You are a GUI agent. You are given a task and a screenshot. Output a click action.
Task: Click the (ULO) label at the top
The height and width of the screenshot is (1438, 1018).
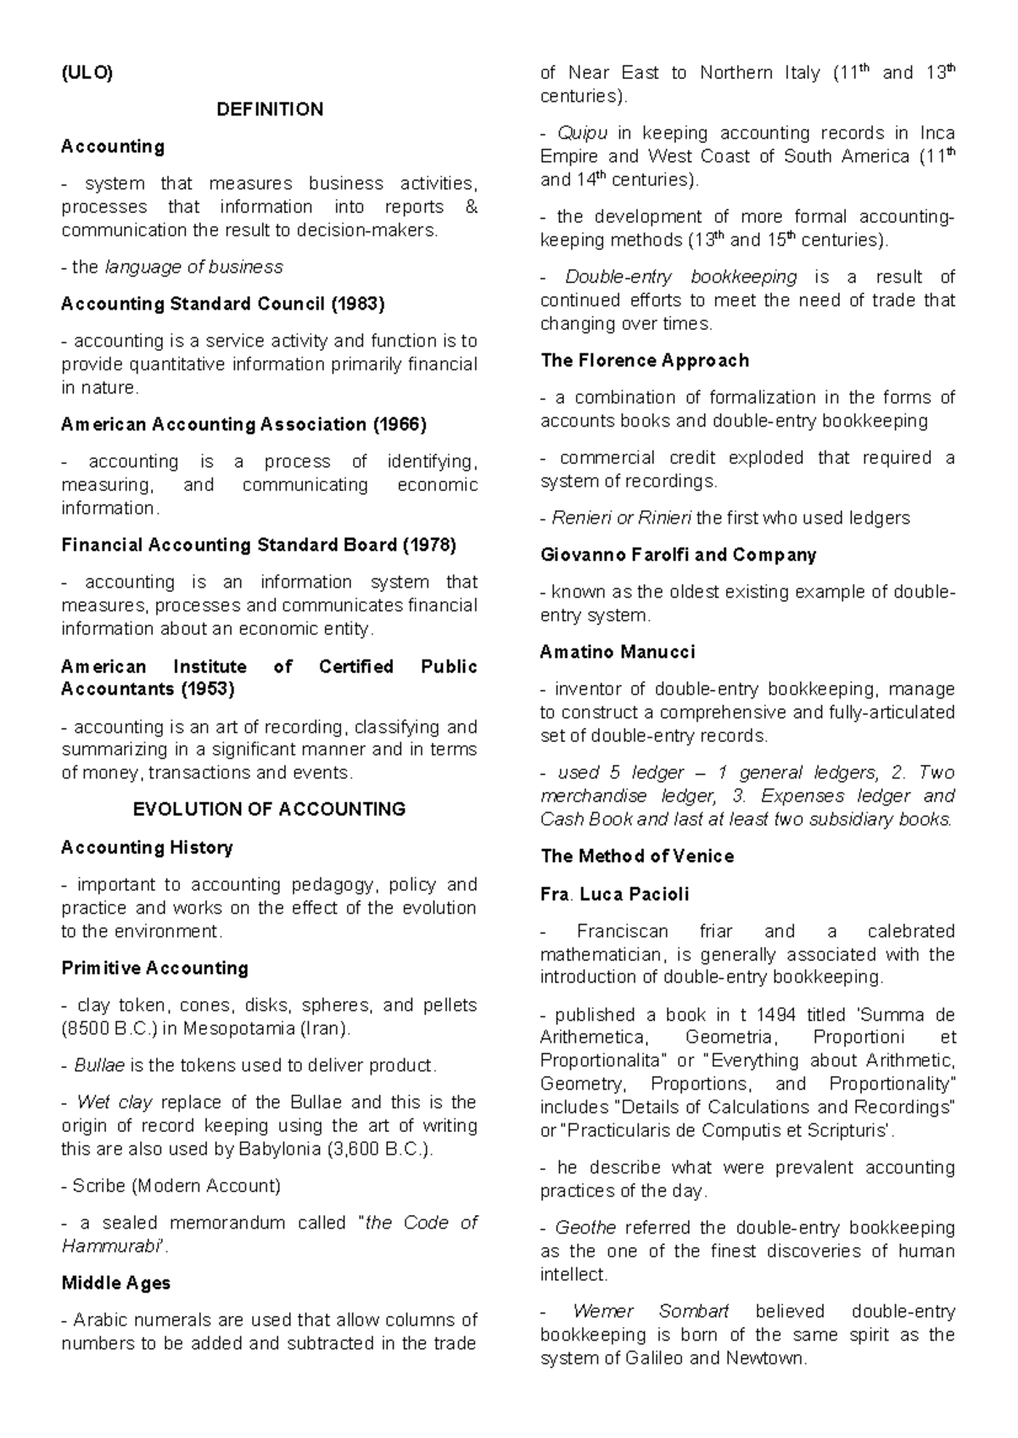click(86, 73)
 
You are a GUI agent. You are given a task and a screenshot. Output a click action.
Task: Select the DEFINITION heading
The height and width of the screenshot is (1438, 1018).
click(270, 109)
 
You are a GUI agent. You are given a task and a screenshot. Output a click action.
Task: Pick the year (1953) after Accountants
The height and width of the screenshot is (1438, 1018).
click(207, 689)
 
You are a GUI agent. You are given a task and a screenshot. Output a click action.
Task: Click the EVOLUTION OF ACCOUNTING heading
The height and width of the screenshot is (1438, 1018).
click(270, 810)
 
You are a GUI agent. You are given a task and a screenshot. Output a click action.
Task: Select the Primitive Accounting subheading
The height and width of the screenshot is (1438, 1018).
click(154, 968)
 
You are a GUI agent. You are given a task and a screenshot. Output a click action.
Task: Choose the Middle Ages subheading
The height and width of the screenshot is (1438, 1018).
click(115, 1283)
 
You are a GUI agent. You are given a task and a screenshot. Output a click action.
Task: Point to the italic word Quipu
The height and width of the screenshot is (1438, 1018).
click(583, 133)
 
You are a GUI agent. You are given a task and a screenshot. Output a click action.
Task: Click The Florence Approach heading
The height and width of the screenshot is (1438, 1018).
click(645, 360)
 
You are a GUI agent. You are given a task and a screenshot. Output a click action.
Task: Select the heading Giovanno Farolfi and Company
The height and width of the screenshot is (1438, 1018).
click(678, 555)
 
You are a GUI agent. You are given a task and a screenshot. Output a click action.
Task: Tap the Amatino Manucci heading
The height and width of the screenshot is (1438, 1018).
click(617, 652)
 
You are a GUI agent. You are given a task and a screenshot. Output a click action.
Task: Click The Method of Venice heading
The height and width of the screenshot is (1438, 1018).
click(636, 856)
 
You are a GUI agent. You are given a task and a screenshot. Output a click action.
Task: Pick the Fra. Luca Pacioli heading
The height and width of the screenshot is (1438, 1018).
click(614, 895)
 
